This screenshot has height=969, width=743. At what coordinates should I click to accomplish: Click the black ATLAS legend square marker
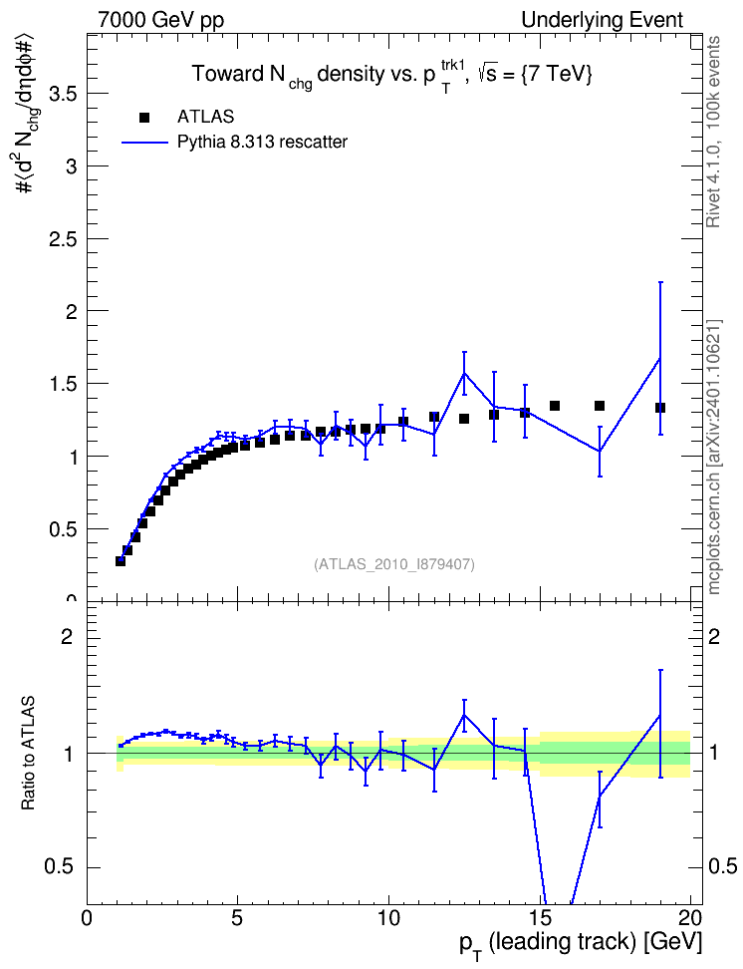point(144,118)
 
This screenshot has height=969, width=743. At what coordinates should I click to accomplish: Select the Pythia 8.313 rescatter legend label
point(262,143)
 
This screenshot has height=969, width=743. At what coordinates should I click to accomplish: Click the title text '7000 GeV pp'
point(160,20)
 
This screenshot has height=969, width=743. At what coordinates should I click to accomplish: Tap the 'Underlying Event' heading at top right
point(603,20)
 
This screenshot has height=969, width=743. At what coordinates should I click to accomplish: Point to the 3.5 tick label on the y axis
point(63,94)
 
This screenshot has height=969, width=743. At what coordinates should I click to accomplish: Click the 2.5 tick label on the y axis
point(63,239)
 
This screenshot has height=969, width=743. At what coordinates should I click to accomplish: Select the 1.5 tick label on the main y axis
point(63,385)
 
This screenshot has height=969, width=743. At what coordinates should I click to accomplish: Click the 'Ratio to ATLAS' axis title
point(28,754)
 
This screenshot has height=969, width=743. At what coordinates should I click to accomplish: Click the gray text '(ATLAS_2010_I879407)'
point(394,564)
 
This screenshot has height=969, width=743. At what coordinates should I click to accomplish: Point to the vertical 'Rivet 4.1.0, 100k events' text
point(713,132)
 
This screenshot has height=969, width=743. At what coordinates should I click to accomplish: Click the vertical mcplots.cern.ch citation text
point(714,458)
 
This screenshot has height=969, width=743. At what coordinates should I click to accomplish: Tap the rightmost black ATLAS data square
point(659,408)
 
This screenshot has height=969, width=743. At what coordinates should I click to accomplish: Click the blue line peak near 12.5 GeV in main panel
point(464,373)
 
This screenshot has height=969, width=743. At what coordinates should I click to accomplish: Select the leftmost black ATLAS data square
point(121,561)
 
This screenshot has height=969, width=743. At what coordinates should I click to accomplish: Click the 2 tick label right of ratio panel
point(714,637)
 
